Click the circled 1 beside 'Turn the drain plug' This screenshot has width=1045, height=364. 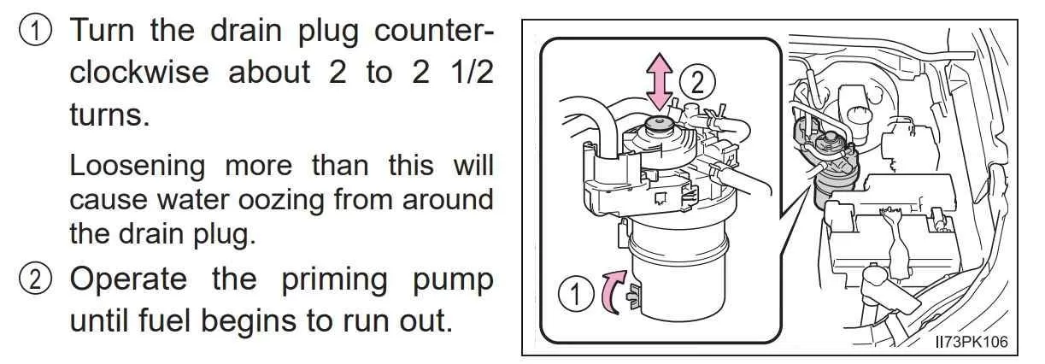pyautogui.click(x=35, y=31)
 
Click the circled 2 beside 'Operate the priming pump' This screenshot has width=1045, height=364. pyautogui.click(x=35, y=279)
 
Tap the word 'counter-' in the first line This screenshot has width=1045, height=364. pyautogui.click(x=434, y=31)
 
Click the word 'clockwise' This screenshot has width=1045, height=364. pyautogui.click(x=139, y=73)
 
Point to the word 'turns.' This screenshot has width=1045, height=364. pyautogui.click(x=109, y=114)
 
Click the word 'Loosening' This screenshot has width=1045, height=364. pyautogui.click(x=138, y=167)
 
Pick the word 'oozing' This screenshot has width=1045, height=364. pyautogui.click(x=281, y=201)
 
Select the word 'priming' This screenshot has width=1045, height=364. pyautogui.click(x=334, y=280)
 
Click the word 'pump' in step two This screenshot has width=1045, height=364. pyautogui.click(x=453, y=281)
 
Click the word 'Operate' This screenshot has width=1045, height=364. pyautogui.click(x=129, y=280)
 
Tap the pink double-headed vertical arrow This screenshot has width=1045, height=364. pyautogui.click(x=659, y=82)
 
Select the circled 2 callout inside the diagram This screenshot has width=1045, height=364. pyautogui.click(x=697, y=84)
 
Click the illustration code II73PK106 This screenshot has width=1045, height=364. pyautogui.click(x=972, y=342)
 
